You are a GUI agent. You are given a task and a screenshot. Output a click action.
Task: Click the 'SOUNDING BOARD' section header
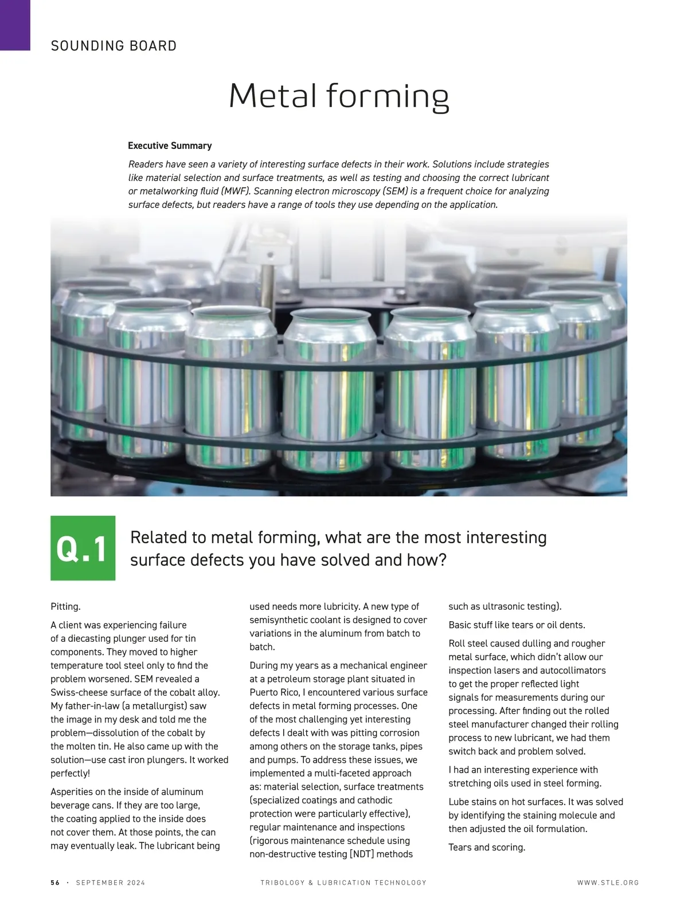114,46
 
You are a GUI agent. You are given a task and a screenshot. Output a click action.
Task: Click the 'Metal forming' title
339,96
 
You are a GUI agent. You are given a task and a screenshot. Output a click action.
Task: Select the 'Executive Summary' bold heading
170,146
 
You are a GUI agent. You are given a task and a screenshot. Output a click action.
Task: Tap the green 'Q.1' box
83,548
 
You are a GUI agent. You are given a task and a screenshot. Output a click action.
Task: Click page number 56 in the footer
55,882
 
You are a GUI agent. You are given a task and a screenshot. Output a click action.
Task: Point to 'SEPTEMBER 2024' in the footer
111,882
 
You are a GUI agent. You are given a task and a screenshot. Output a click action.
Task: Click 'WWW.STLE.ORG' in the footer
608,882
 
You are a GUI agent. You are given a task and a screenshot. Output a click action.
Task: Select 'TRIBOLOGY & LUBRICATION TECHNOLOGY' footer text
343,882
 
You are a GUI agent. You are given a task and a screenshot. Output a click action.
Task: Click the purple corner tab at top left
15,25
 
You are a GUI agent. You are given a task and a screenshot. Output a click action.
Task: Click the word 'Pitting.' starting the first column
65,606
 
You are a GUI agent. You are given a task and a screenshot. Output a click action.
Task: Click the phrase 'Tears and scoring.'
487,847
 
